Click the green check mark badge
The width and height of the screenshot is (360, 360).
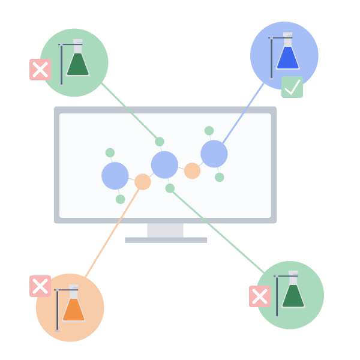[292, 87]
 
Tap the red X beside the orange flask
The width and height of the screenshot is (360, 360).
[40, 286]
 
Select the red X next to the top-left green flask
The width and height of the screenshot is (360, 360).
[40, 70]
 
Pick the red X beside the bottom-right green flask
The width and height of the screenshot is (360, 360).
[260, 296]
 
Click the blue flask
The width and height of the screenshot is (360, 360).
[287, 58]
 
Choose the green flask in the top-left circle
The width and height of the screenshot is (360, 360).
[77, 64]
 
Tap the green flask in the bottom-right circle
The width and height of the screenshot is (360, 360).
[293, 296]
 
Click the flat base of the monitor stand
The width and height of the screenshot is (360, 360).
[166, 240]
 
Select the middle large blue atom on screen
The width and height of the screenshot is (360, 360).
[164, 164]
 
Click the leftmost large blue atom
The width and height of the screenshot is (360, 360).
[115, 176]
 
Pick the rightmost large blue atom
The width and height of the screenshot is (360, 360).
[214, 154]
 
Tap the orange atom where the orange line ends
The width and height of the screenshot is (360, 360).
[143, 182]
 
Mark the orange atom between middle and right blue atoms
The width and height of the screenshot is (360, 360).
[192, 171]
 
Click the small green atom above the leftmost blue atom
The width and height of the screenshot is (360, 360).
[110, 153]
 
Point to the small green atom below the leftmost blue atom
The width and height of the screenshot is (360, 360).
[121, 199]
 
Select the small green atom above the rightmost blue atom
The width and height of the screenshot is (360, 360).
[209, 131]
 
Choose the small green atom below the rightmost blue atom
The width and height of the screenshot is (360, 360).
[220, 177]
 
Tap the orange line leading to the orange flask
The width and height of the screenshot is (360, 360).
[112, 234]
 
